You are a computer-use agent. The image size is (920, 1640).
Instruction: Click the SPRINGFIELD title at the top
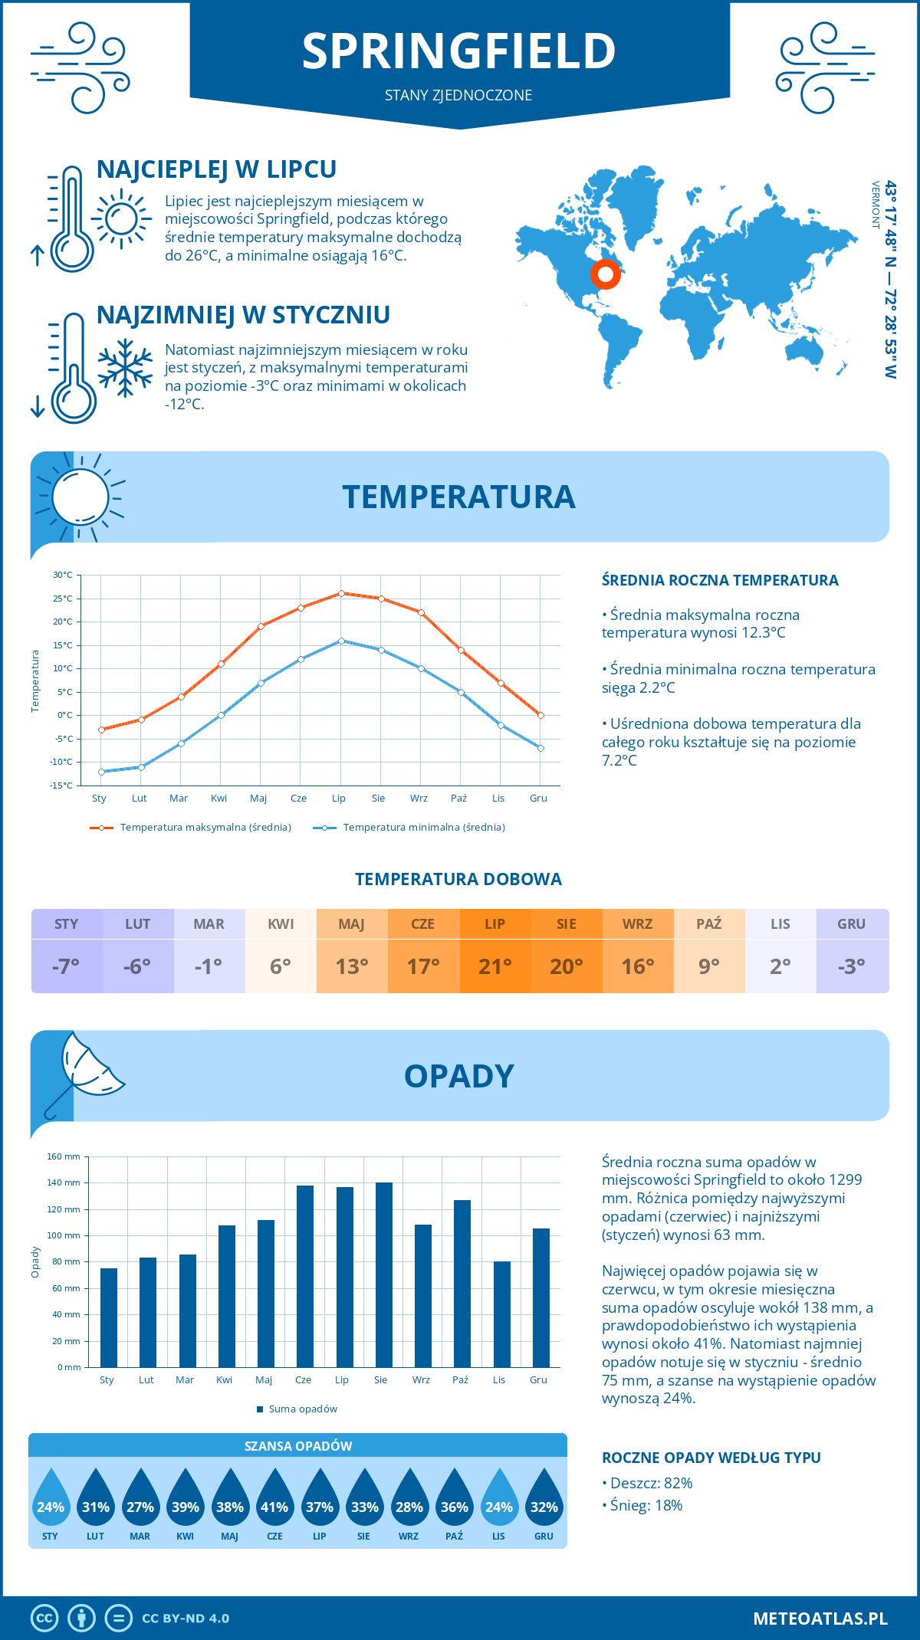click(x=458, y=51)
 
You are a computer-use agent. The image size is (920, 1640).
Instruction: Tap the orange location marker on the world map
click(x=606, y=274)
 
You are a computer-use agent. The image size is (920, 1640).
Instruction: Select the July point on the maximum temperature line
click(x=341, y=593)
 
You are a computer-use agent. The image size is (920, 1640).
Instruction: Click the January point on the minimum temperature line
click(x=101, y=772)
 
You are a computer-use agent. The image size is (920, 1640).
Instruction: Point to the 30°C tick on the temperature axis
click(x=63, y=575)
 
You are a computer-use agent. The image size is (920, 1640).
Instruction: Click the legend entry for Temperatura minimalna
click(x=409, y=828)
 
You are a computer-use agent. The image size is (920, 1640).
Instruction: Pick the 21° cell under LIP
click(x=495, y=966)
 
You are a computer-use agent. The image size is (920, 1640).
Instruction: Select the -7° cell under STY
click(x=66, y=966)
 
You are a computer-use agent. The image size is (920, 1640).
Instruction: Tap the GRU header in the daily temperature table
click(x=851, y=924)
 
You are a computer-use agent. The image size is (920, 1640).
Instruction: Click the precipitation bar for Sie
click(x=383, y=1275)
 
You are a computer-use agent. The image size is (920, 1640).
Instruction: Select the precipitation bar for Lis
click(x=501, y=1314)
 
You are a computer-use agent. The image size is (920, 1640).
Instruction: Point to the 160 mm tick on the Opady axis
click(x=64, y=1156)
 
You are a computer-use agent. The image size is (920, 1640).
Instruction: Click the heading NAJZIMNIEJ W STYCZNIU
click(x=243, y=315)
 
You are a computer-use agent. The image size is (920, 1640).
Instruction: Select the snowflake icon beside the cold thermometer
click(x=125, y=368)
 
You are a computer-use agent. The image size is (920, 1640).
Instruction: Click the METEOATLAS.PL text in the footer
click(x=820, y=1619)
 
